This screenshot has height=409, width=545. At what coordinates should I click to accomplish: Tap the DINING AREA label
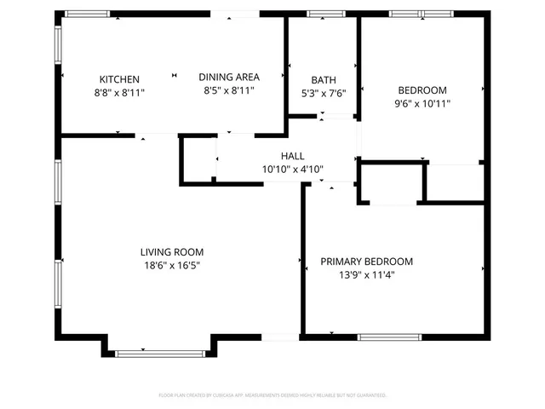pyautogui.click(x=229, y=77)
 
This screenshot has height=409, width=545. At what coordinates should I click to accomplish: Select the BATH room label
pyautogui.click(x=324, y=80)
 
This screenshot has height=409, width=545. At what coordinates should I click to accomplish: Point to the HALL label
pyautogui.click(x=293, y=156)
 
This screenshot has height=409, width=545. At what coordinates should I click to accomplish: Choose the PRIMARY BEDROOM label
pyautogui.click(x=366, y=262)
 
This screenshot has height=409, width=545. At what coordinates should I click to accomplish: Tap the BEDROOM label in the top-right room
pyautogui.click(x=422, y=90)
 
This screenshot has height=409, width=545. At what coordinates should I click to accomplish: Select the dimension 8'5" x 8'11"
pyautogui.click(x=229, y=90)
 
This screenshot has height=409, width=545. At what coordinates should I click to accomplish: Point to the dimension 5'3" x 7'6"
pyautogui.click(x=324, y=94)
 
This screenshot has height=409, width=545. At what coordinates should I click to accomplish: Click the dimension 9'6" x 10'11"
pyautogui.click(x=422, y=104)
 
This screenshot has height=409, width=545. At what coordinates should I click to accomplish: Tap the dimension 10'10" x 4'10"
pyautogui.click(x=293, y=169)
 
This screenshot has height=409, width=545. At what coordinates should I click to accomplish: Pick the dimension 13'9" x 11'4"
pyautogui.click(x=366, y=274)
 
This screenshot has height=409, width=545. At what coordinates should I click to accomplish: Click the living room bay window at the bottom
pyautogui.click(x=159, y=352)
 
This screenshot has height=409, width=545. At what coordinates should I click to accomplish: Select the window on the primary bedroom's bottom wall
pyautogui.click(x=389, y=337)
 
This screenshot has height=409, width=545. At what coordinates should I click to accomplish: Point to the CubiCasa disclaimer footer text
pyautogui.click(x=272, y=395)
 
